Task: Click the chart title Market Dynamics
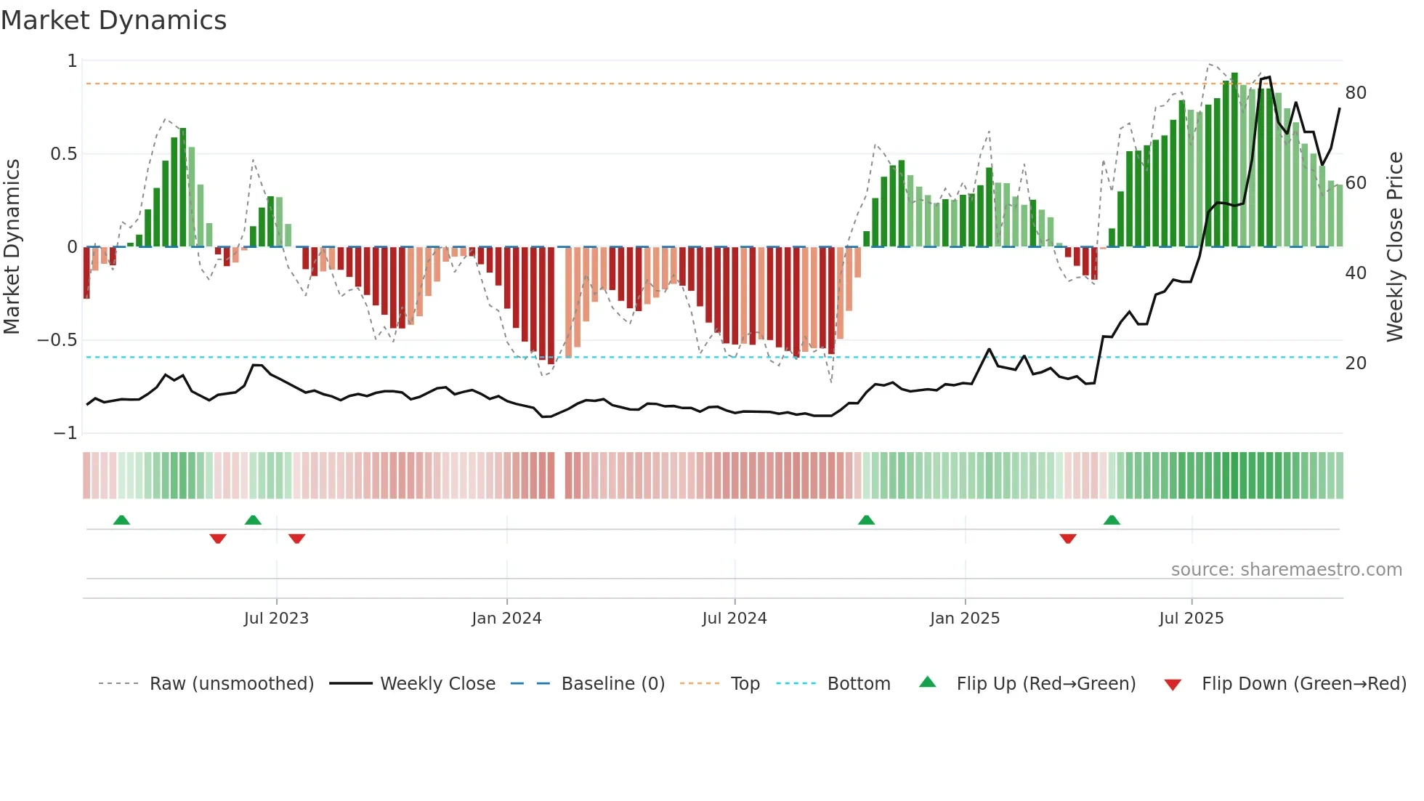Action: [113, 20]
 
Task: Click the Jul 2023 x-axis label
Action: [276, 619]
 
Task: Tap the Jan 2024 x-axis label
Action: [506, 619]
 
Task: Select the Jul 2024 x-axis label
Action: [735, 619]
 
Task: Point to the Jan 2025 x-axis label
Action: [965, 619]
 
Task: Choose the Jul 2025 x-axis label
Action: [1192, 619]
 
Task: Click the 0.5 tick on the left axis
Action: [63, 154]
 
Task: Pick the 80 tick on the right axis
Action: [1356, 93]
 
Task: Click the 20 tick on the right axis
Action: [1356, 363]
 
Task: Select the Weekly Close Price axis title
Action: [1395, 246]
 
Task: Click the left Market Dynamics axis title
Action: [12, 246]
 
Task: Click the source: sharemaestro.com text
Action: [1286, 570]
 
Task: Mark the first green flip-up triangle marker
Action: [121, 520]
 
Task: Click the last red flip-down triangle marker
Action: [1067, 539]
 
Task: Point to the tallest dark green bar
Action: [1234, 160]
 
